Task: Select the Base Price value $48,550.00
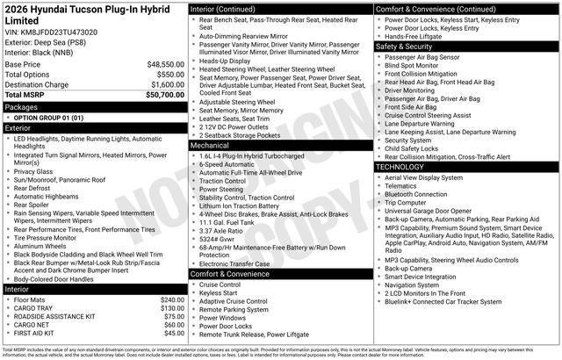[165, 64]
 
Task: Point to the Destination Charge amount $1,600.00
[165, 83]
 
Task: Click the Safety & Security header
[409, 46]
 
